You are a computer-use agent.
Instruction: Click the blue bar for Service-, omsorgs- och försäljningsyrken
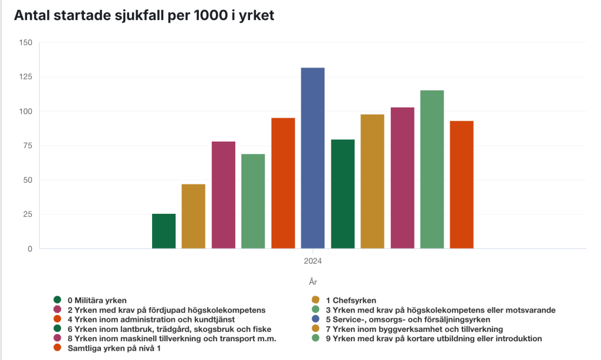[312, 159]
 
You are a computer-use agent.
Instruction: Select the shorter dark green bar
[164, 231]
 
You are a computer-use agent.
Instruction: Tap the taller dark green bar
[343, 194]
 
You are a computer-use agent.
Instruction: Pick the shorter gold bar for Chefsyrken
[193, 217]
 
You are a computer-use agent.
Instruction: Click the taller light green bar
[432, 170]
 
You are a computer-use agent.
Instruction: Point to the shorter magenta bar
[223, 195]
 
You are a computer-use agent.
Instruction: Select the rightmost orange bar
[461, 185]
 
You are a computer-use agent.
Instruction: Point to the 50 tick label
[27, 180]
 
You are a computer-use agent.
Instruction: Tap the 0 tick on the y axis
[29, 249]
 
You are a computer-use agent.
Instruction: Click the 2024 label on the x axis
[312, 261]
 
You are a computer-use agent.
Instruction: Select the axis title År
[312, 282]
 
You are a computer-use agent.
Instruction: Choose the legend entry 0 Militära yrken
[97, 301]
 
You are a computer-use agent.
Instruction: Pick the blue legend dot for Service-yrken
[316, 319]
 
